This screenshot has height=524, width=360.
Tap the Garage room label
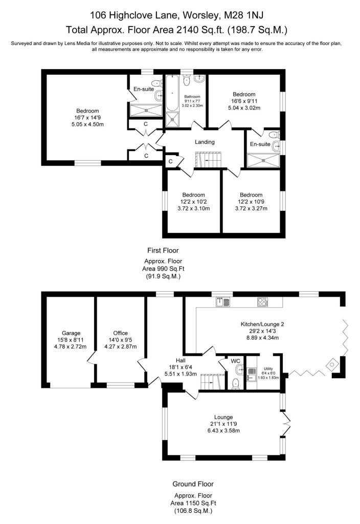pyautogui.click(x=71, y=333)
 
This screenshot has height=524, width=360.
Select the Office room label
pyautogui.click(x=121, y=333)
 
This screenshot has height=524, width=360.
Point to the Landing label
pyautogui.click(x=205, y=142)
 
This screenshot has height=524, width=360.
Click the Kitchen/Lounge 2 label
pyautogui.click(x=262, y=324)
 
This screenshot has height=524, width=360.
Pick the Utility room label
pyautogui.click(x=268, y=368)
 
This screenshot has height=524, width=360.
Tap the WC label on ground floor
pyautogui.click(x=235, y=361)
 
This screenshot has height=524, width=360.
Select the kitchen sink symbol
pyautogui.click(x=222, y=302)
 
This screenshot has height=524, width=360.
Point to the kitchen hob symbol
pyautogui.click(x=262, y=302)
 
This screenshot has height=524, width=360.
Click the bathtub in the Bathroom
pyautogui.click(x=172, y=93)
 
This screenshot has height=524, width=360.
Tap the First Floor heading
pyautogui.click(x=163, y=250)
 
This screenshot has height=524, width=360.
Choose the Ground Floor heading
pyautogui.click(x=193, y=484)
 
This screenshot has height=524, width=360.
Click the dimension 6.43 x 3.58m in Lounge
pyautogui.click(x=223, y=430)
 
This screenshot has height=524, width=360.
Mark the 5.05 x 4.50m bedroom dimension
pyautogui.click(x=87, y=124)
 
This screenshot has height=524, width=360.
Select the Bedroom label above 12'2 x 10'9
pyautogui.click(x=251, y=195)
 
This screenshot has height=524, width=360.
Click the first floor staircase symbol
pyautogui.click(x=208, y=160)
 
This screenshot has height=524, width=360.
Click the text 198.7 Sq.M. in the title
pyautogui.click(x=258, y=30)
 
